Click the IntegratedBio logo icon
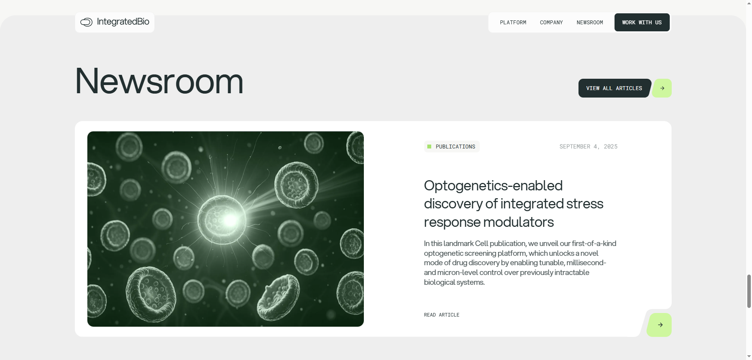click(x=86, y=22)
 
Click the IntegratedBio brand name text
click(x=123, y=22)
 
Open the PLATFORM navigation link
click(x=513, y=22)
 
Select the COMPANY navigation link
click(x=551, y=22)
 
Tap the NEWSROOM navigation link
click(x=589, y=22)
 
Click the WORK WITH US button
click(x=642, y=22)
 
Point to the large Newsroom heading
click(x=159, y=81)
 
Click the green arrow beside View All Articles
click(x=662, y=88)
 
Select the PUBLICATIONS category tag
click(x=452, y=147)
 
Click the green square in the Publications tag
click(x=429, y=147)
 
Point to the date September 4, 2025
click(x=588, y=147)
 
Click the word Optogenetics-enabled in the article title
click(x=493, y=186)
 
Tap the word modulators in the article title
click(x=519, y=222)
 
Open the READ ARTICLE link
click(x=441, y=315)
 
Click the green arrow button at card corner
click(x=660, y=325)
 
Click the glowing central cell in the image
click(x=222, y=220)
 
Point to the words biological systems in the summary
click(x=454, y=282)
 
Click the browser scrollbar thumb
click(x=749, y=291)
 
